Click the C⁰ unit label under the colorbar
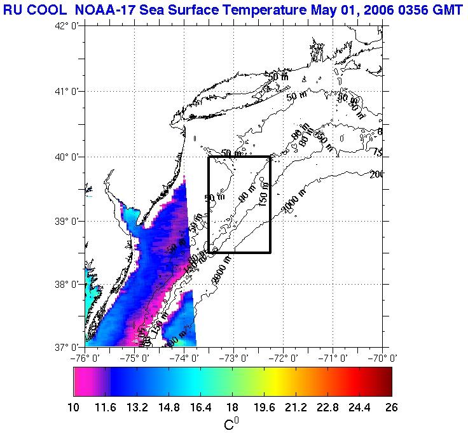232,423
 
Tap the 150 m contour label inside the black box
263,194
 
